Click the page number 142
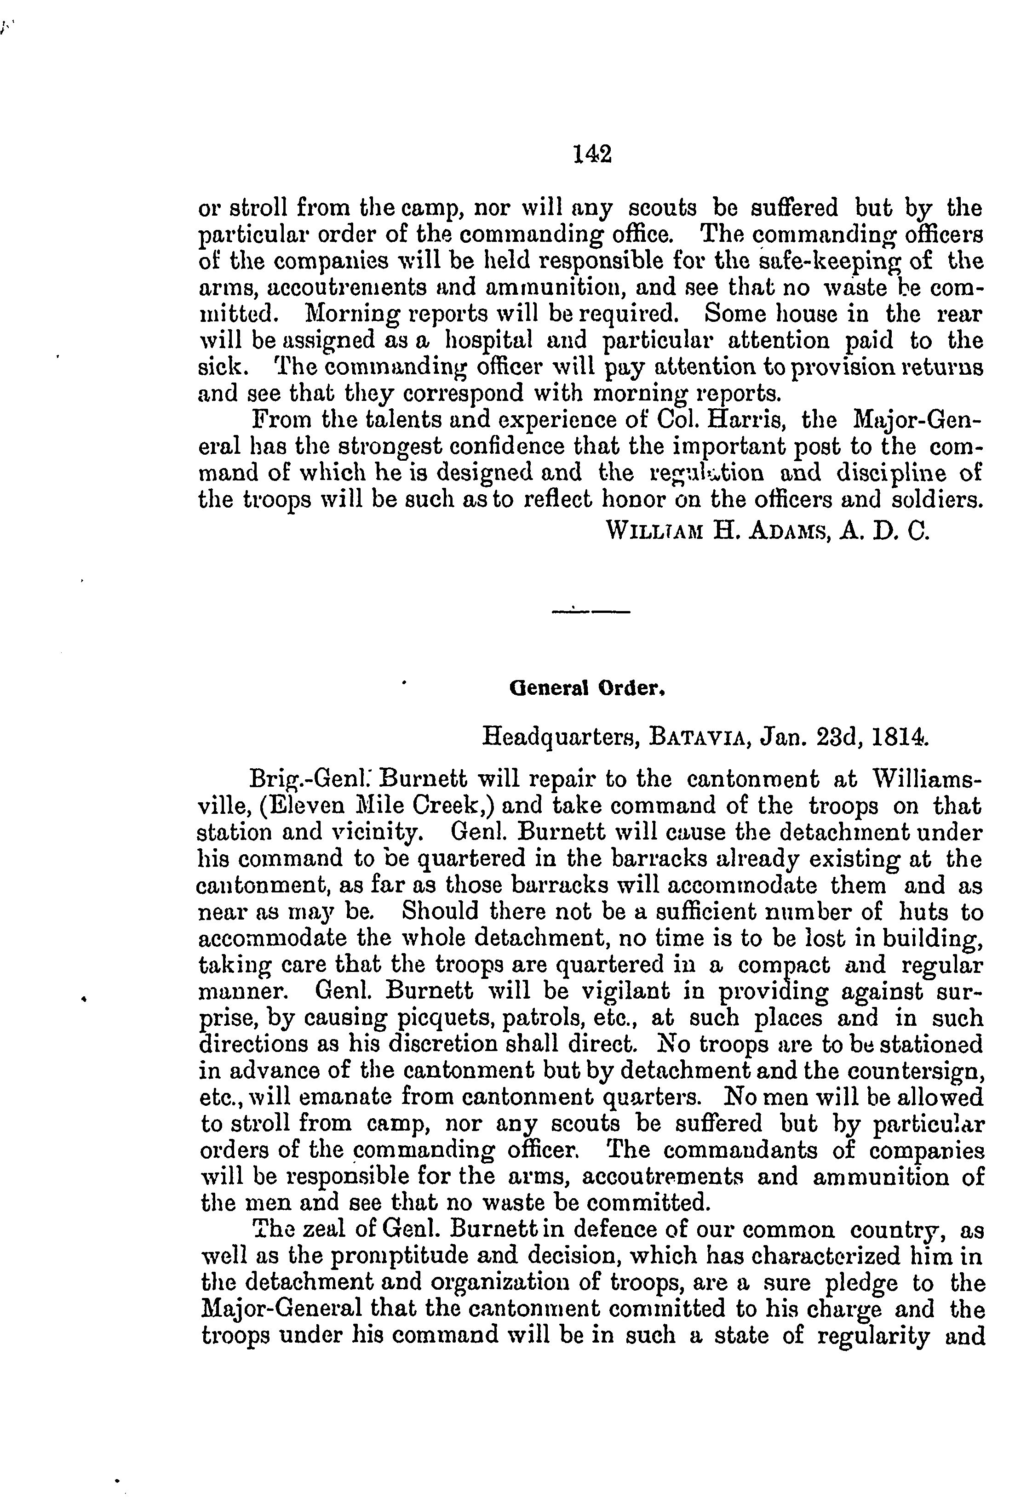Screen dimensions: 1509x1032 [x=592, y=154]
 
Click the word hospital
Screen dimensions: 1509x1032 [x=494, y=340]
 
